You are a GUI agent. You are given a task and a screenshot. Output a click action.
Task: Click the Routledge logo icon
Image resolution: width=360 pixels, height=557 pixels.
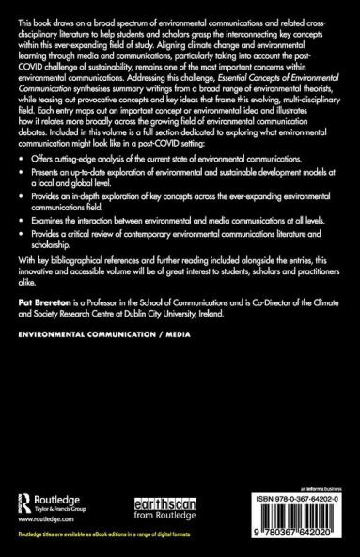pyautogui.click(x=24, y=498)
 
